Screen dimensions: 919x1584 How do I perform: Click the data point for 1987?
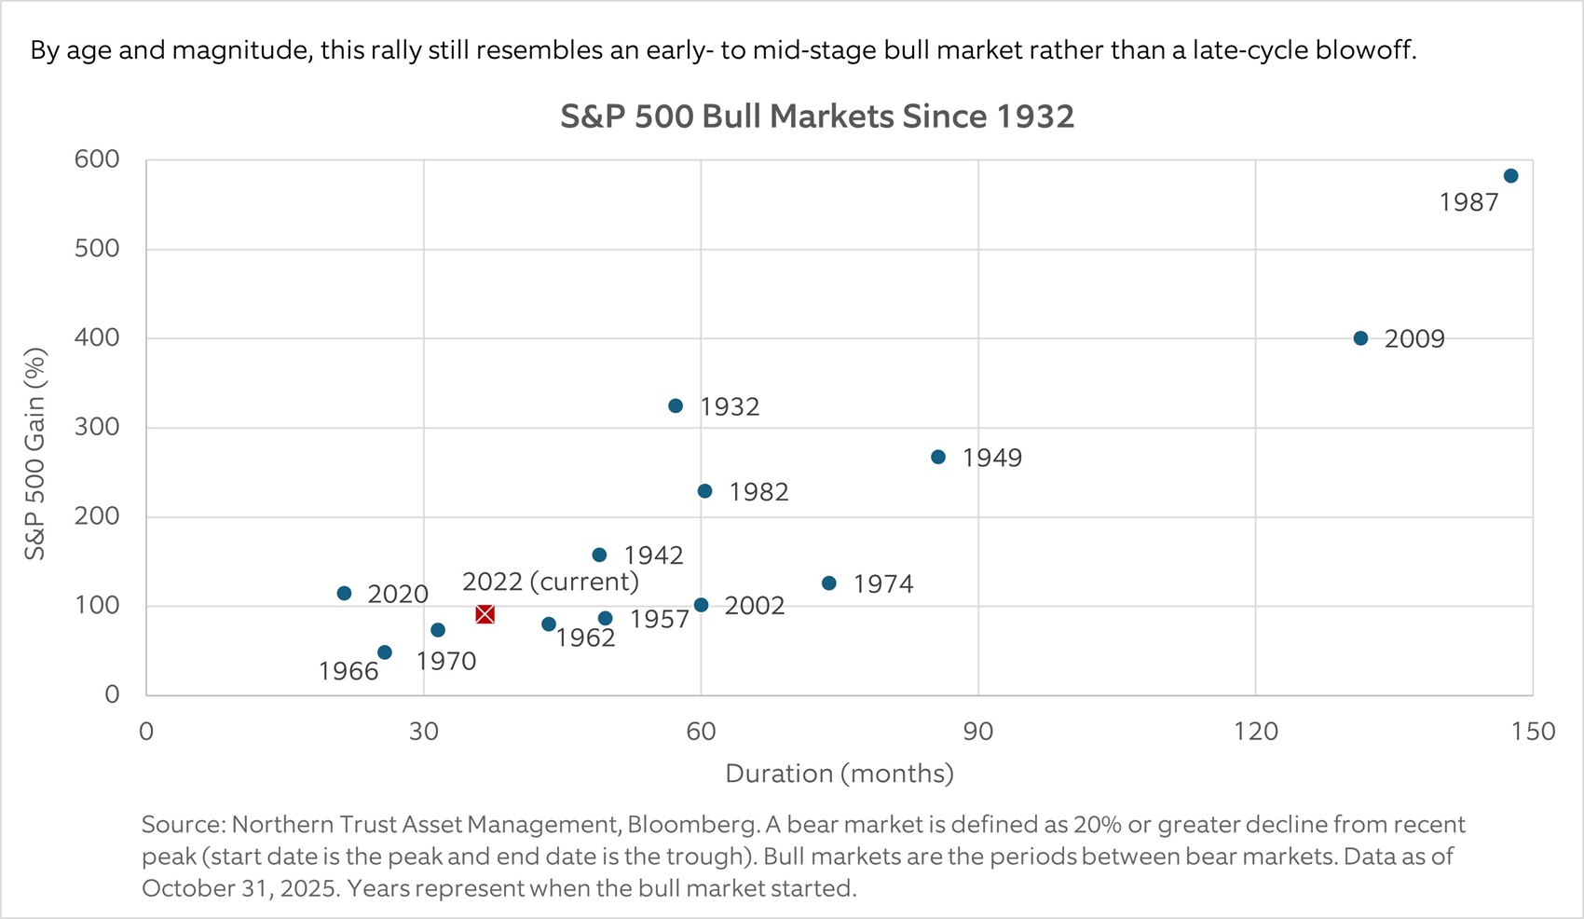(1510, 176)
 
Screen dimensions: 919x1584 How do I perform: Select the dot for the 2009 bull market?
(1360, 338)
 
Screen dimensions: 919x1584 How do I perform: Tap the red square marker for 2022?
(485, 614)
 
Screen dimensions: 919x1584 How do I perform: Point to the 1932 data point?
(676, 406)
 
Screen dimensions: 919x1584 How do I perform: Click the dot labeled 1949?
(938, 458)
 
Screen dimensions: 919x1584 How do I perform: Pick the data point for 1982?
(704, 491)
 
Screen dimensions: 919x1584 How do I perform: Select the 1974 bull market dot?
(829, 583)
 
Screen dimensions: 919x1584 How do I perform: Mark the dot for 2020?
(344, 594)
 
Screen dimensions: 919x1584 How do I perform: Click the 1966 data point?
(385, 652)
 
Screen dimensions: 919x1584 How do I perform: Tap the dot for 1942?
(599, 556)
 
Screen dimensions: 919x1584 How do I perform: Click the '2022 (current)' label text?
(550, 582)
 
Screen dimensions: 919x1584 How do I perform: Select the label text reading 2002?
(754, 606)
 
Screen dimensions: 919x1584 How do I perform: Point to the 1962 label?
(585, 638)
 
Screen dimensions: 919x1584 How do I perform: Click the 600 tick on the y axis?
(97, 159)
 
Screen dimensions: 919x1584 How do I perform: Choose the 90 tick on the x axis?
(977, 732)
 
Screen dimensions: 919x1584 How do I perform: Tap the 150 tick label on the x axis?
(1533, 732)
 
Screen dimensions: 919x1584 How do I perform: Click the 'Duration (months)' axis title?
(839, 774)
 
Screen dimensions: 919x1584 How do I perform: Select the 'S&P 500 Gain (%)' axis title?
(34, 454)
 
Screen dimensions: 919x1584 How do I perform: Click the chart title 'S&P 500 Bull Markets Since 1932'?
(817, 117)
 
